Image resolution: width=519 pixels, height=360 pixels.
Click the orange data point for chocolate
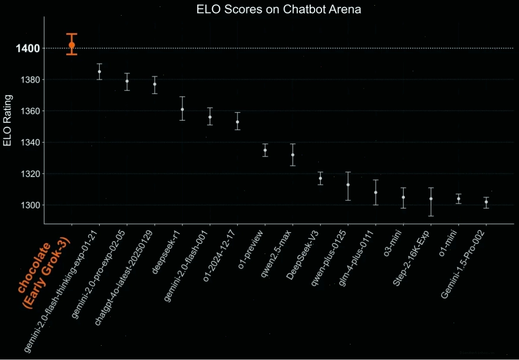[x=72, y=45]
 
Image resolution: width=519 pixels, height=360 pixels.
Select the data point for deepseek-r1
[x=183, y=110]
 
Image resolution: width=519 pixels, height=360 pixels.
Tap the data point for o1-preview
[x=265, y=150]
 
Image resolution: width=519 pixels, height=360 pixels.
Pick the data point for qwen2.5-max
[x=293, y=155]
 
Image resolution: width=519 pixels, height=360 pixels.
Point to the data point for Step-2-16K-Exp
[x=431, y=199]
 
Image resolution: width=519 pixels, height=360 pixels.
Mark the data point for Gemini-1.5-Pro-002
[x=486, y=202]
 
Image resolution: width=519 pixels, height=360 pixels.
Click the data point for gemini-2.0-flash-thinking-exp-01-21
[x=99, y=71]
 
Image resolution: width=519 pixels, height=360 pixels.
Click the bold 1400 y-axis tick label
[x=28, y=49]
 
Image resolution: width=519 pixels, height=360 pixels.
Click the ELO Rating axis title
[x=7, y=120]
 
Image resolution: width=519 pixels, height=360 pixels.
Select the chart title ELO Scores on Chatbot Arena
[x=279, y=9]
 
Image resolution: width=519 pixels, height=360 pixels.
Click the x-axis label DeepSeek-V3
[x=304, y=255]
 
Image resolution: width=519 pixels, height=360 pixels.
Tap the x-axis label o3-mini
[x=393, y=243]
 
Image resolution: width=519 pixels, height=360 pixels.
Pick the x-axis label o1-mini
[x=448, y=243]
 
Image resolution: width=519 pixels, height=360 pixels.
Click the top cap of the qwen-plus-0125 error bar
[x=348, y=172]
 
